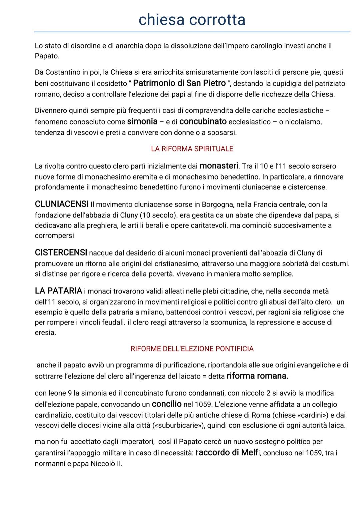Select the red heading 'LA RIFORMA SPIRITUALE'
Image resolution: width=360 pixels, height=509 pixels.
[192, 149]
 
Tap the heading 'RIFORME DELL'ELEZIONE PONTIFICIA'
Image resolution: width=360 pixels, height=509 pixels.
[192, 349]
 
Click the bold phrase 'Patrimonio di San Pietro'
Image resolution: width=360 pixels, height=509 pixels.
[179, 83]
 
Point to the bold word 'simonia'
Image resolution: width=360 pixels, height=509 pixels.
[142, 121]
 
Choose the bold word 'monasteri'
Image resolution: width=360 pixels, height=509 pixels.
[219, 166]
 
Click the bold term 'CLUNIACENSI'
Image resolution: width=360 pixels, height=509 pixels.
[62, 204]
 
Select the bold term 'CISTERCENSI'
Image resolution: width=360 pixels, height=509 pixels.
[61, 252]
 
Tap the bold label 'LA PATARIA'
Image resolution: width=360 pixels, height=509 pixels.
[58, 291]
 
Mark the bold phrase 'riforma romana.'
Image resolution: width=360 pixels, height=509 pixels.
[257, 376]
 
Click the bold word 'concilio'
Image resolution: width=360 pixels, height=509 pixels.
[167, 404]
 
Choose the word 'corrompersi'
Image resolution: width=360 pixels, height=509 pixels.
[54, 235]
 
